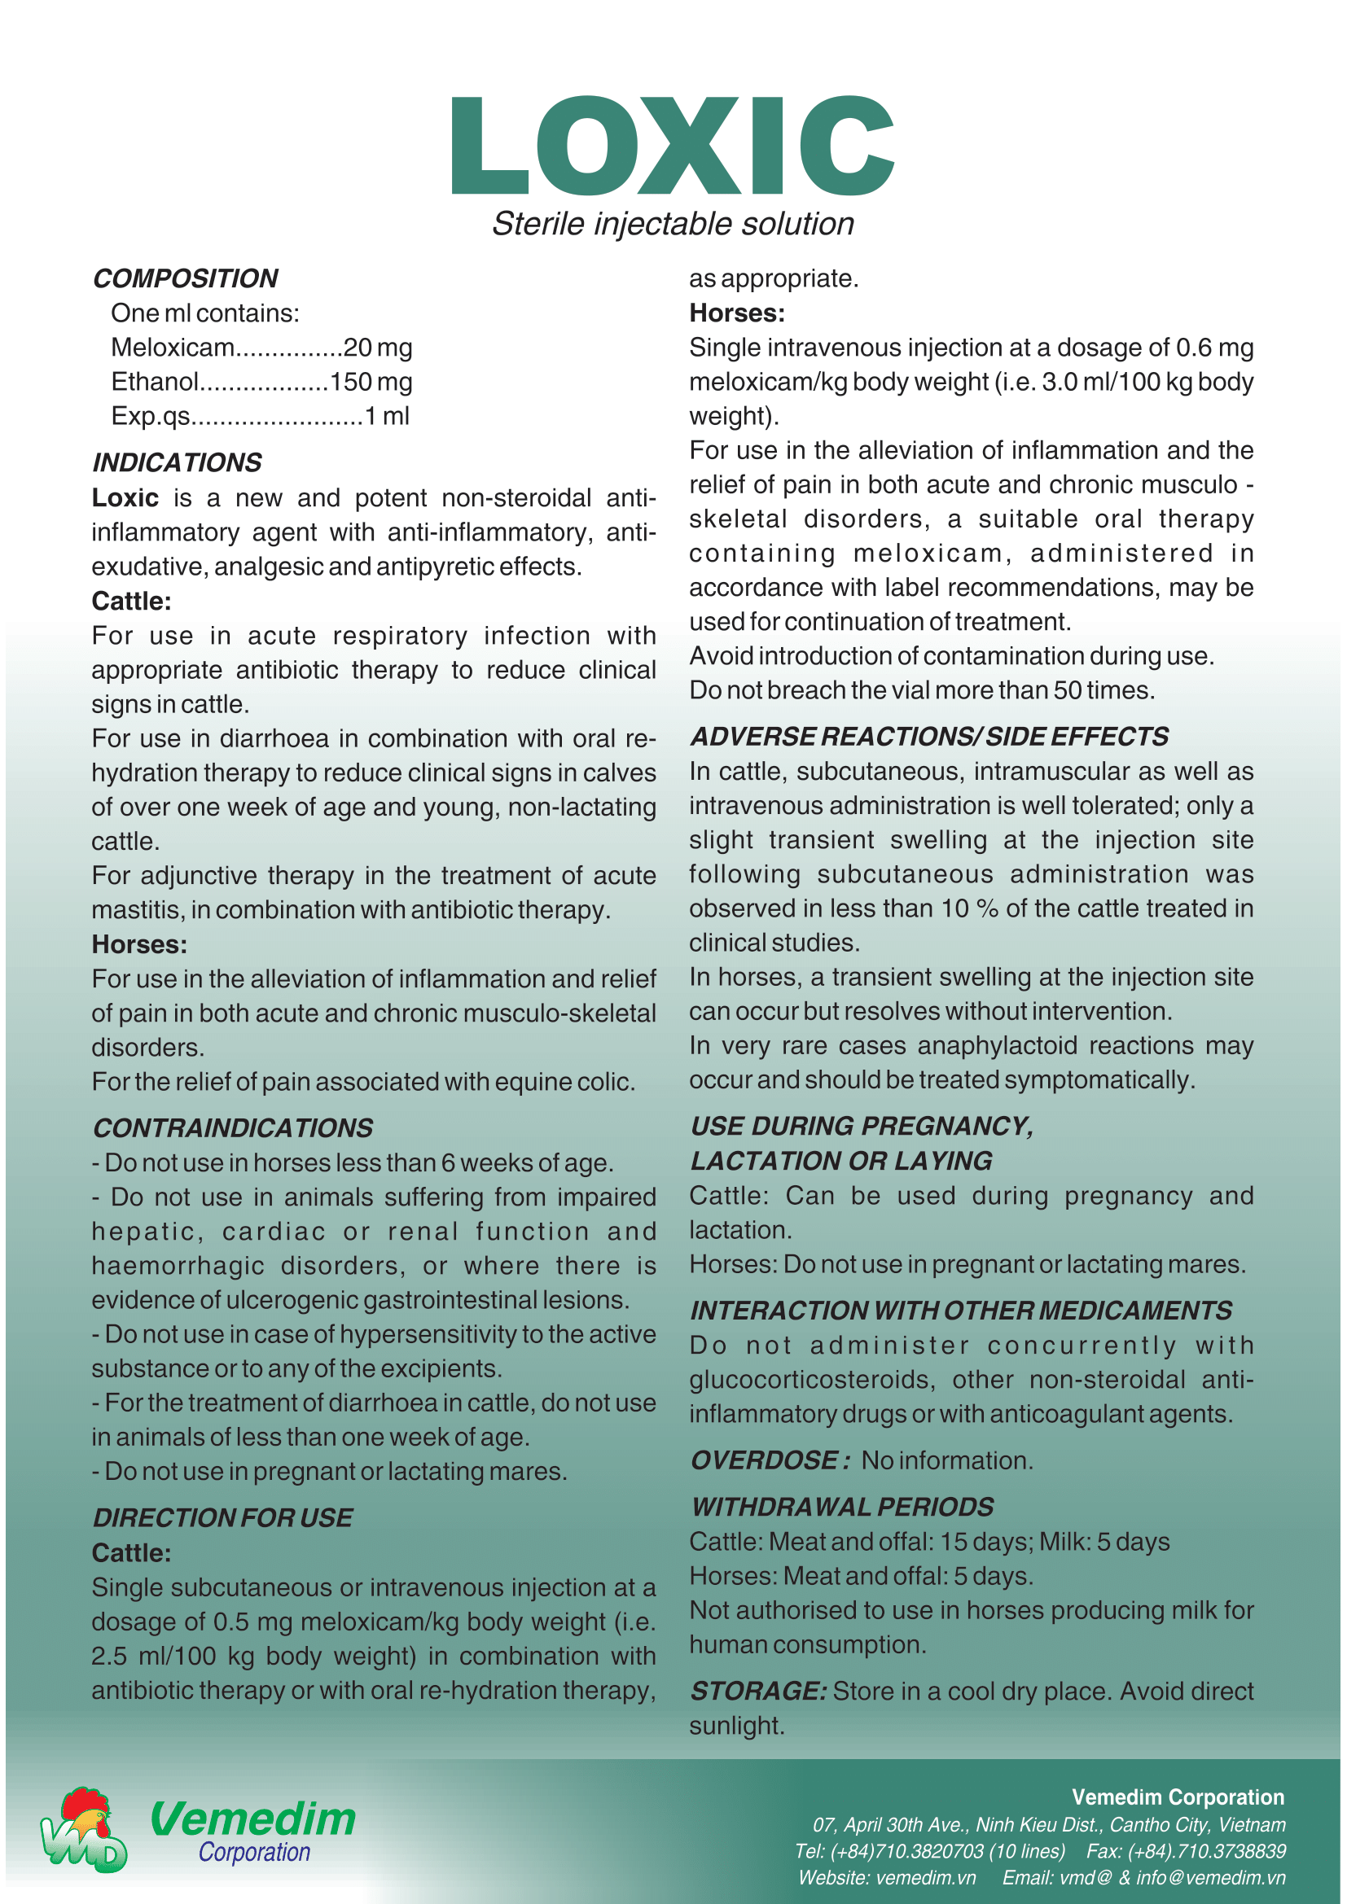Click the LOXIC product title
pyautogui.click(x=673, y=146)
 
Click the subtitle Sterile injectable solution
pyautogui.click(x=673, y=224)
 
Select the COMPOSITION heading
pyautogui.click(x=185, y=278)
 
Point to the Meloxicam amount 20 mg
pyautogui.click(x=377, y=348)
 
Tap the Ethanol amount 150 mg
pyautogui.click(x=371, y=383)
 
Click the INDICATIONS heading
pyautogui.click(x=177, y=462)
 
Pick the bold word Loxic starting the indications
pyautogui.click(x=125, y=497)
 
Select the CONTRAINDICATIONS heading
pyautogui.click(x=232, y=1127)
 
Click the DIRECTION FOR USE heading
pyautogui.click(x=222, y=1517)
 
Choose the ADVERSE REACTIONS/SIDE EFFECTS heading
pyautogui.click(x=929, y=737)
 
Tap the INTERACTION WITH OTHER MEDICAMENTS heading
pyautogui.click(x=961, y=1311)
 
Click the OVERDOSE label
pyautogui.click(x=770, y=1460)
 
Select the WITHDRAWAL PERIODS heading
pyautogui.click(x=842, y=1507)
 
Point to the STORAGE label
pyautogui.click(x=758, y=1691)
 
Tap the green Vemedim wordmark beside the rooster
pyautogui.click(x=253, y=1819)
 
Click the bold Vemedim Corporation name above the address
pyautogui.click(x=1178, y=1797)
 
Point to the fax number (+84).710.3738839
pyautogui.click(x=1218, y=1851)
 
